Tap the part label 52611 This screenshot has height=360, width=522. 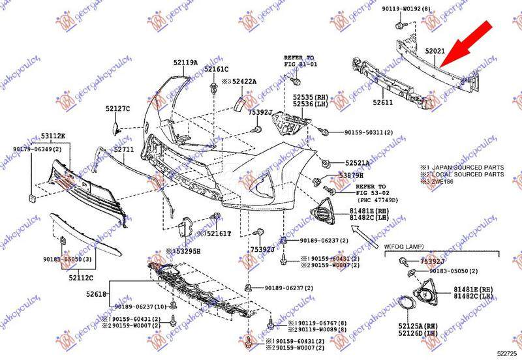(383, 102)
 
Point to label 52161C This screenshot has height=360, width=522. (216, 69)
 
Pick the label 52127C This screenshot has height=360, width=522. (118, 108)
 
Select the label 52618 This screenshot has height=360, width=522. (96, 295)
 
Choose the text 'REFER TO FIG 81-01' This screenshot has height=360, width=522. (299, 61)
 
